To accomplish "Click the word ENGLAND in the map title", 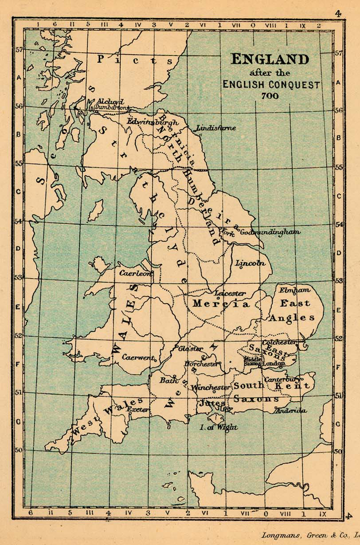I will coord(270,59).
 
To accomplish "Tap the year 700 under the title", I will coord(270,95).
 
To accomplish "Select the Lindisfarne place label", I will coord(216,128).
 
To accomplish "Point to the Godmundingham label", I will coord(270,232).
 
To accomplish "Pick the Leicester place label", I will coord(230,293).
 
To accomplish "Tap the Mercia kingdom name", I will coord(220,304).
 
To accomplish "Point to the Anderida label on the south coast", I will coord(291,411).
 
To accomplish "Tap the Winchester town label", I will coord(211,387).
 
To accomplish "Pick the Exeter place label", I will coord(138,410).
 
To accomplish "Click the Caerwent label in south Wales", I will coord(138,357).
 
